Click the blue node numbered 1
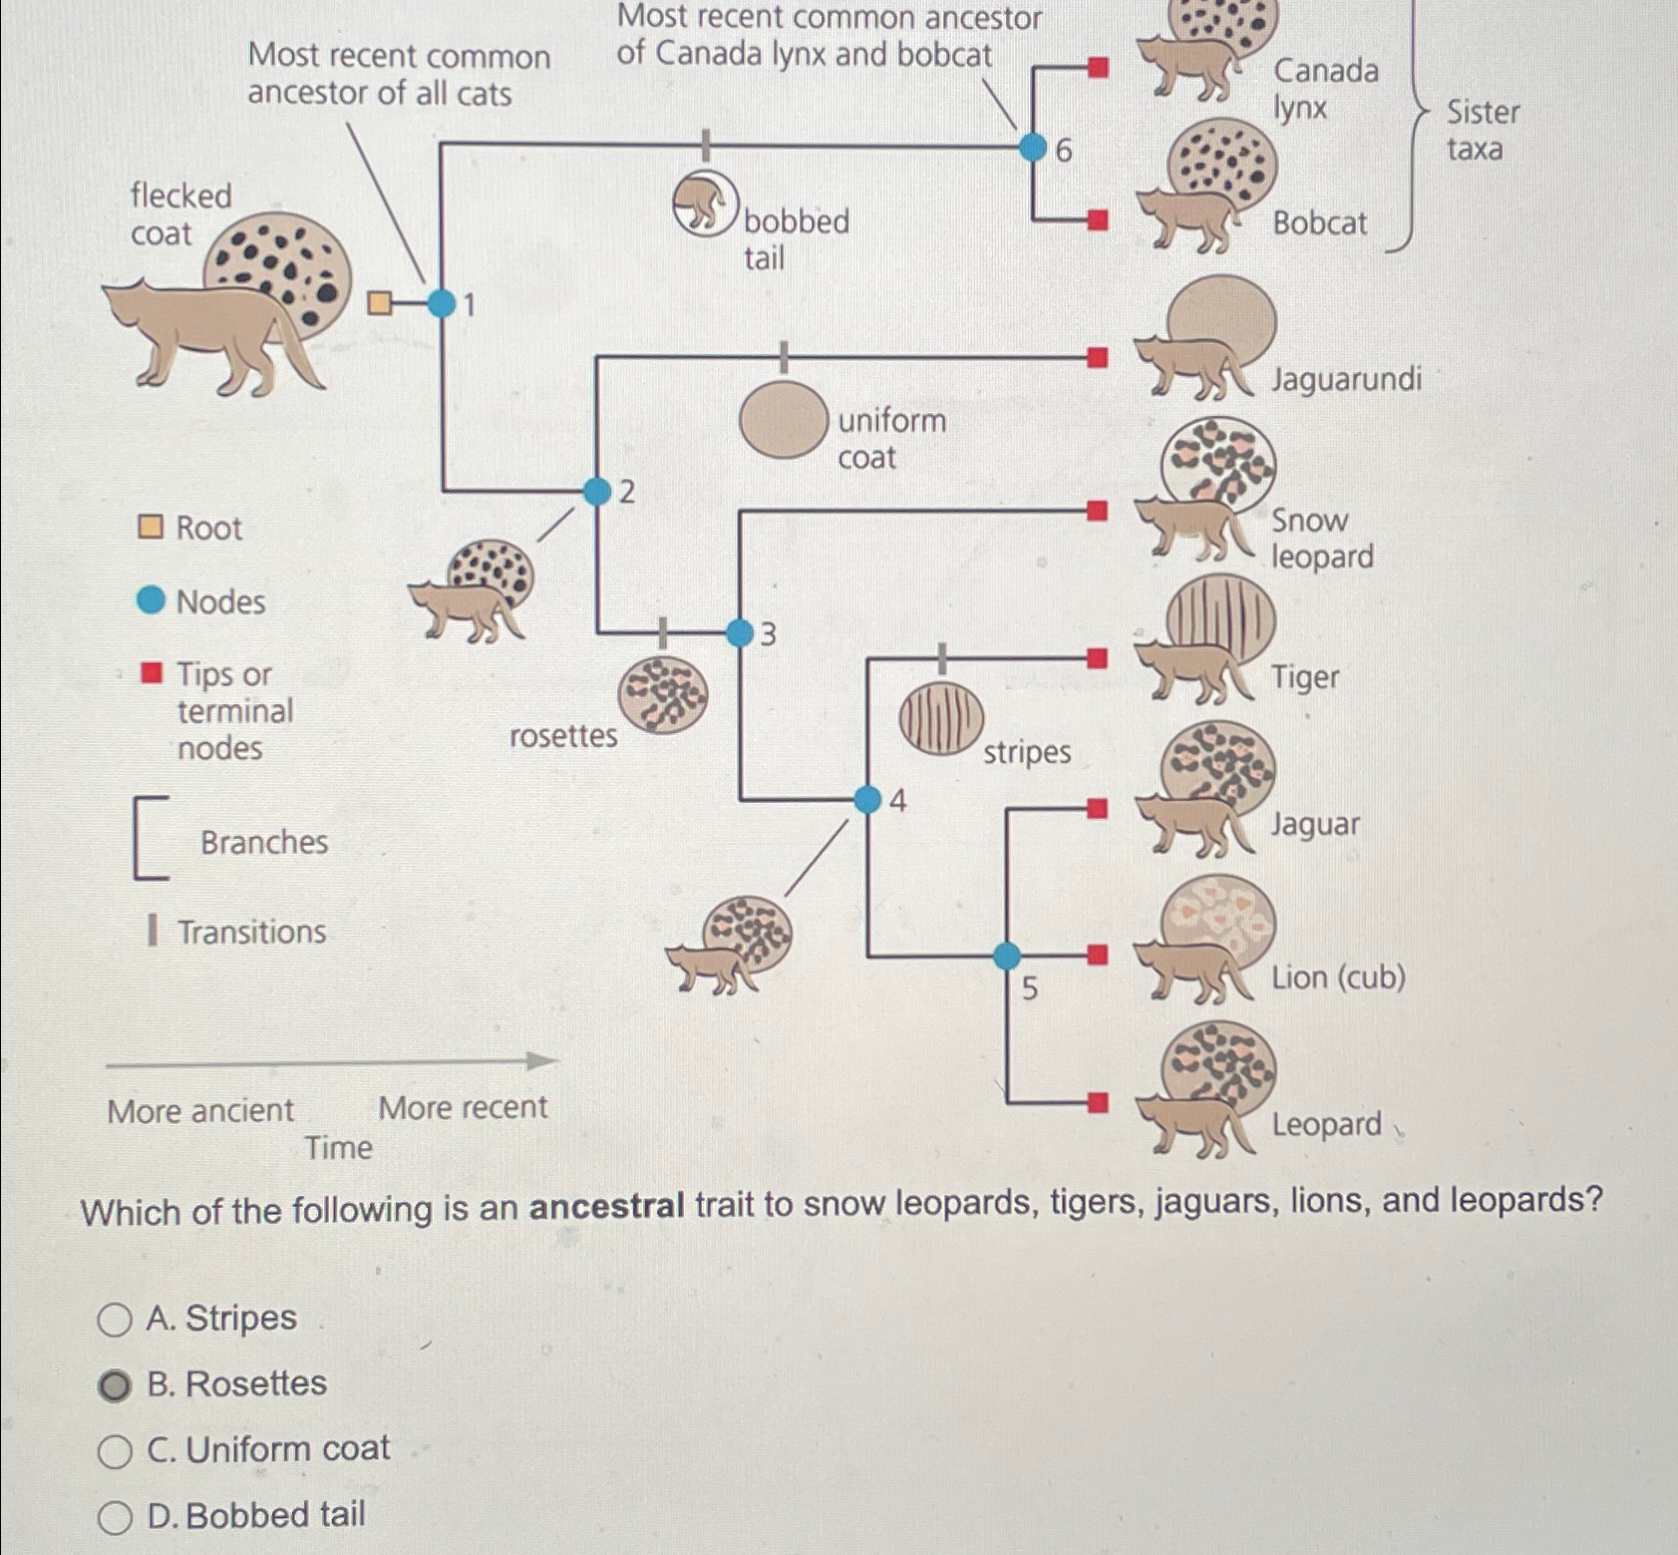point(441,302)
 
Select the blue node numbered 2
point(596,491)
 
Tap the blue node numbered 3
point(739,632)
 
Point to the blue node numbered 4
point(867,799)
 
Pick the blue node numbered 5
point(1007,956)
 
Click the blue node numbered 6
point(1032,149)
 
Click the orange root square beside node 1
point(379,302)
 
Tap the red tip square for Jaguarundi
point(1097,357)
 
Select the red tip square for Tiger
point(1097,658)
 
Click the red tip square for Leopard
point(1098,1102)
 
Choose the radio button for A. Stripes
point(115,1320)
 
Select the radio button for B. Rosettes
point(115,1385)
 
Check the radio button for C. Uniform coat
point(115,1451)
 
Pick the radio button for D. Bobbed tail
point(115,1517)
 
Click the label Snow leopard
point(1321,539)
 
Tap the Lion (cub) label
point(1338,977)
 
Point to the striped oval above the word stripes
point(940,718)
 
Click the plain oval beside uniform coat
point(784,420)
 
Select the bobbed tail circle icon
point(705,203)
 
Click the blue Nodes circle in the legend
point(151,600)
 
